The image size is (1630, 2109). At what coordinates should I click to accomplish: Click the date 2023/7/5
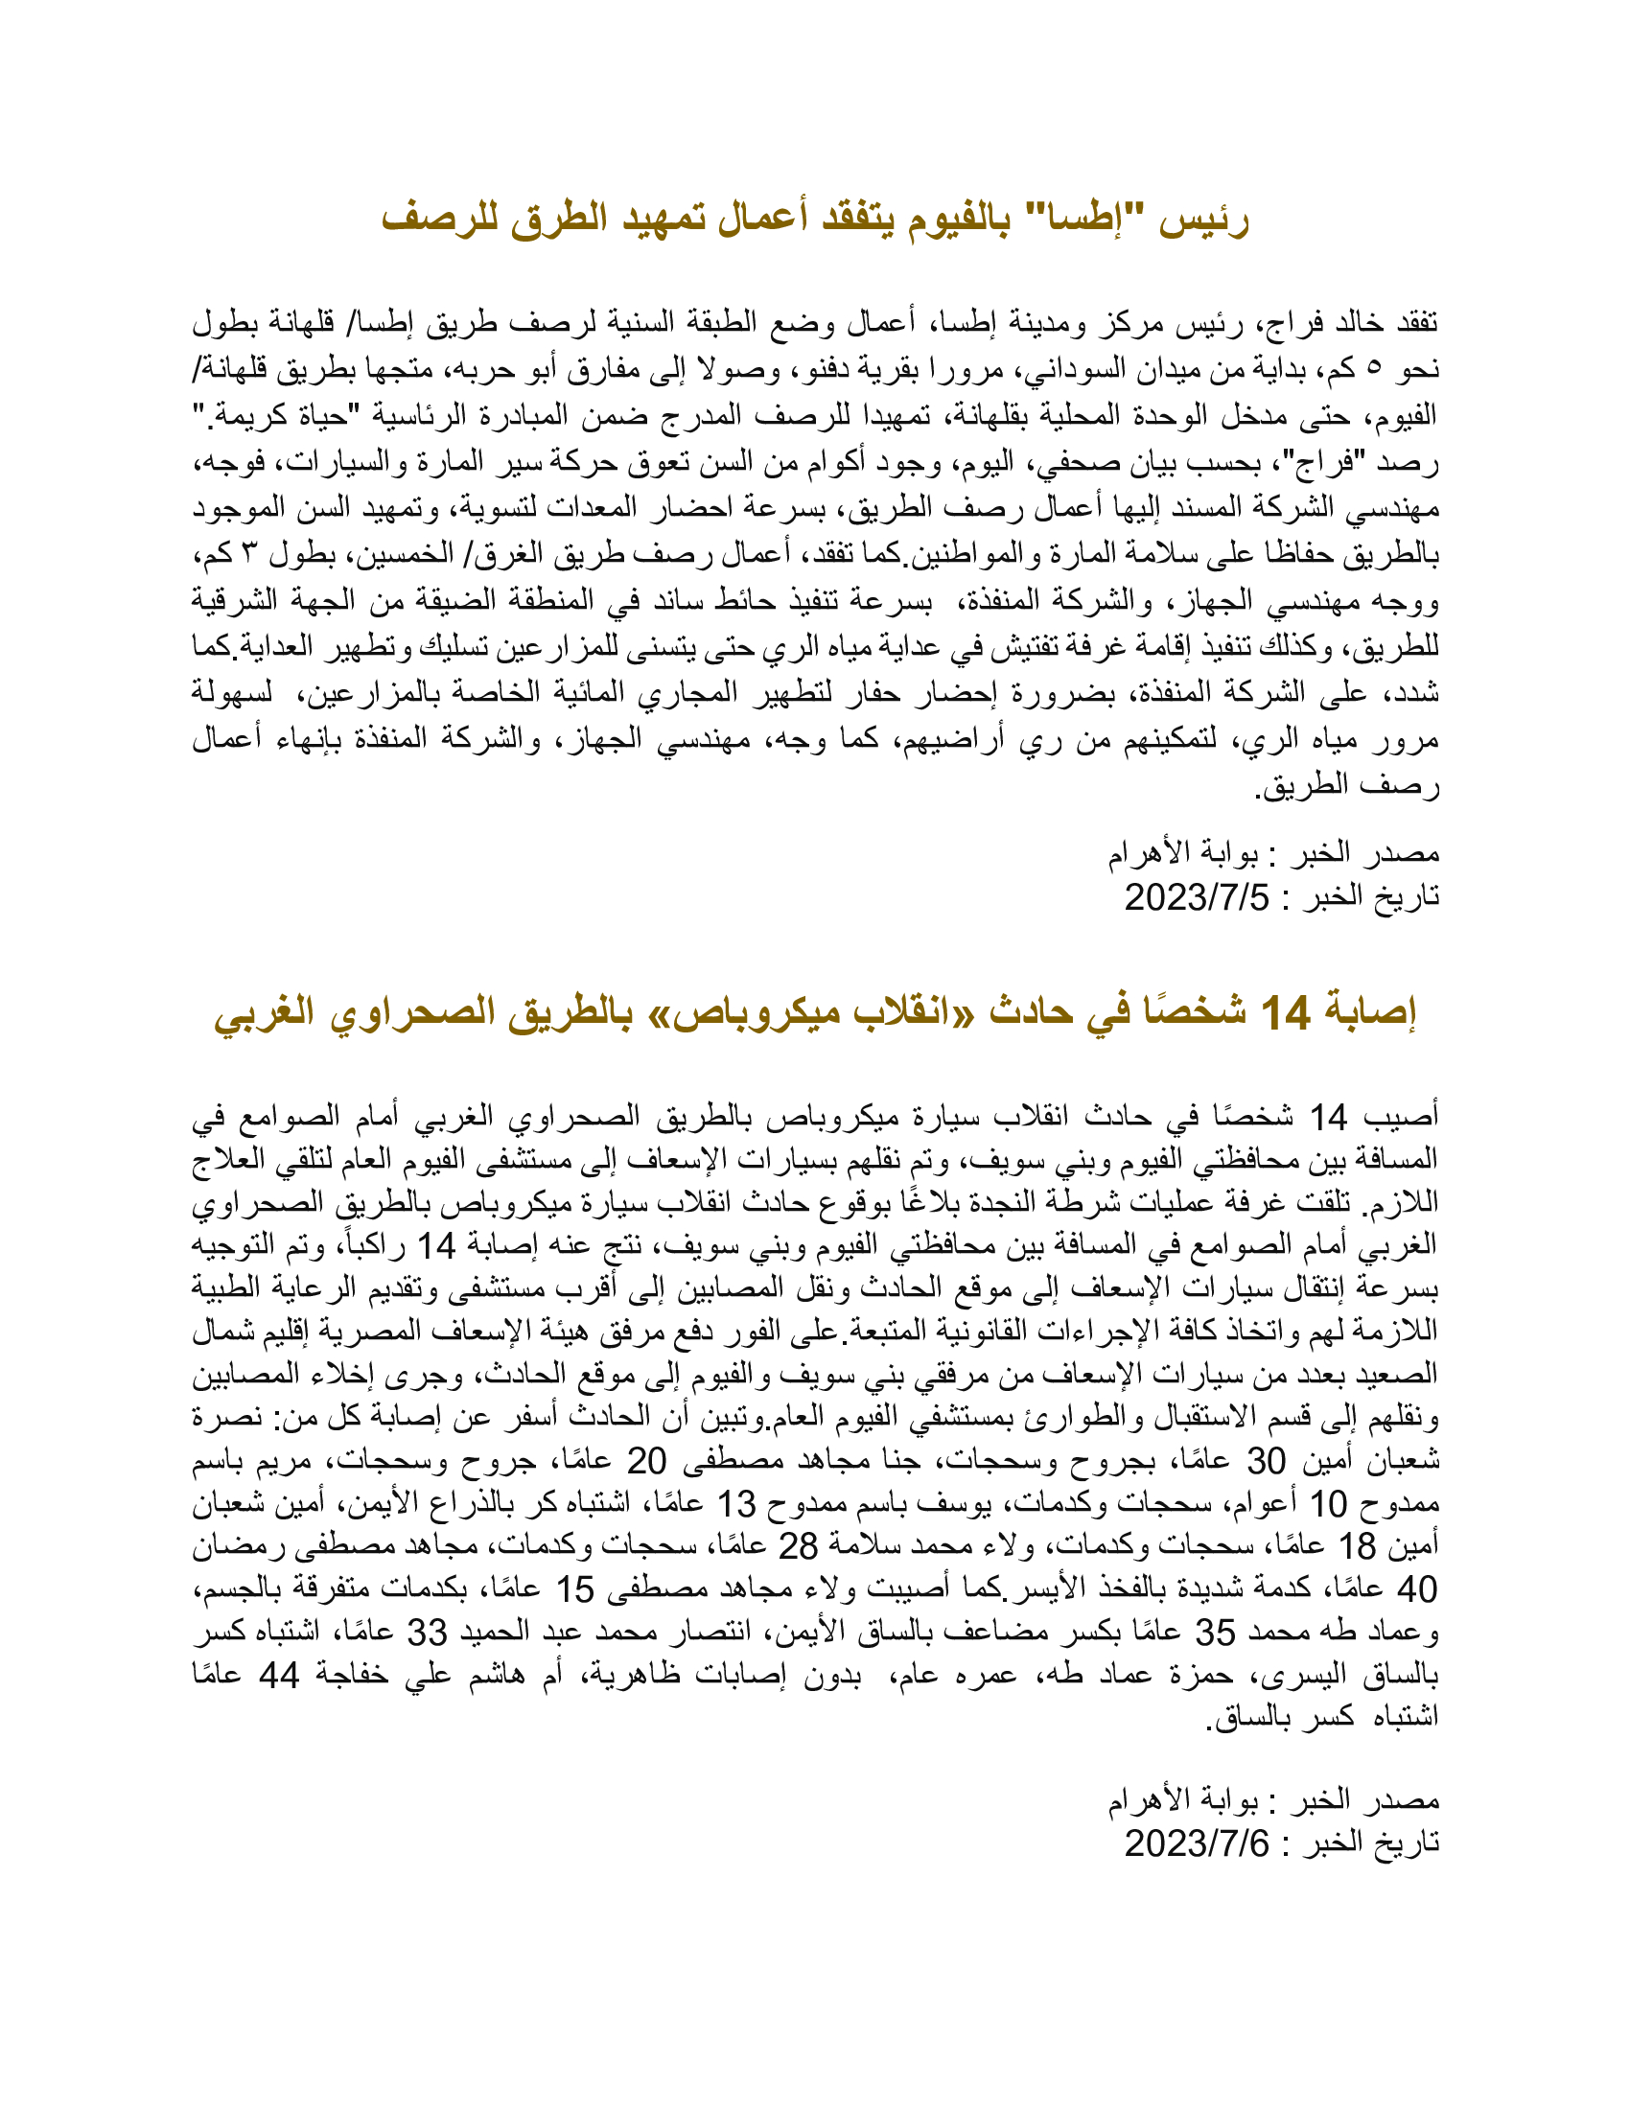(x=1196, y=897)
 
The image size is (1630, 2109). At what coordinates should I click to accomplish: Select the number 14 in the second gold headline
(x=1286, y=1012)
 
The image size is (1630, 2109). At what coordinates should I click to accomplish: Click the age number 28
(x=798, y=1545)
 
